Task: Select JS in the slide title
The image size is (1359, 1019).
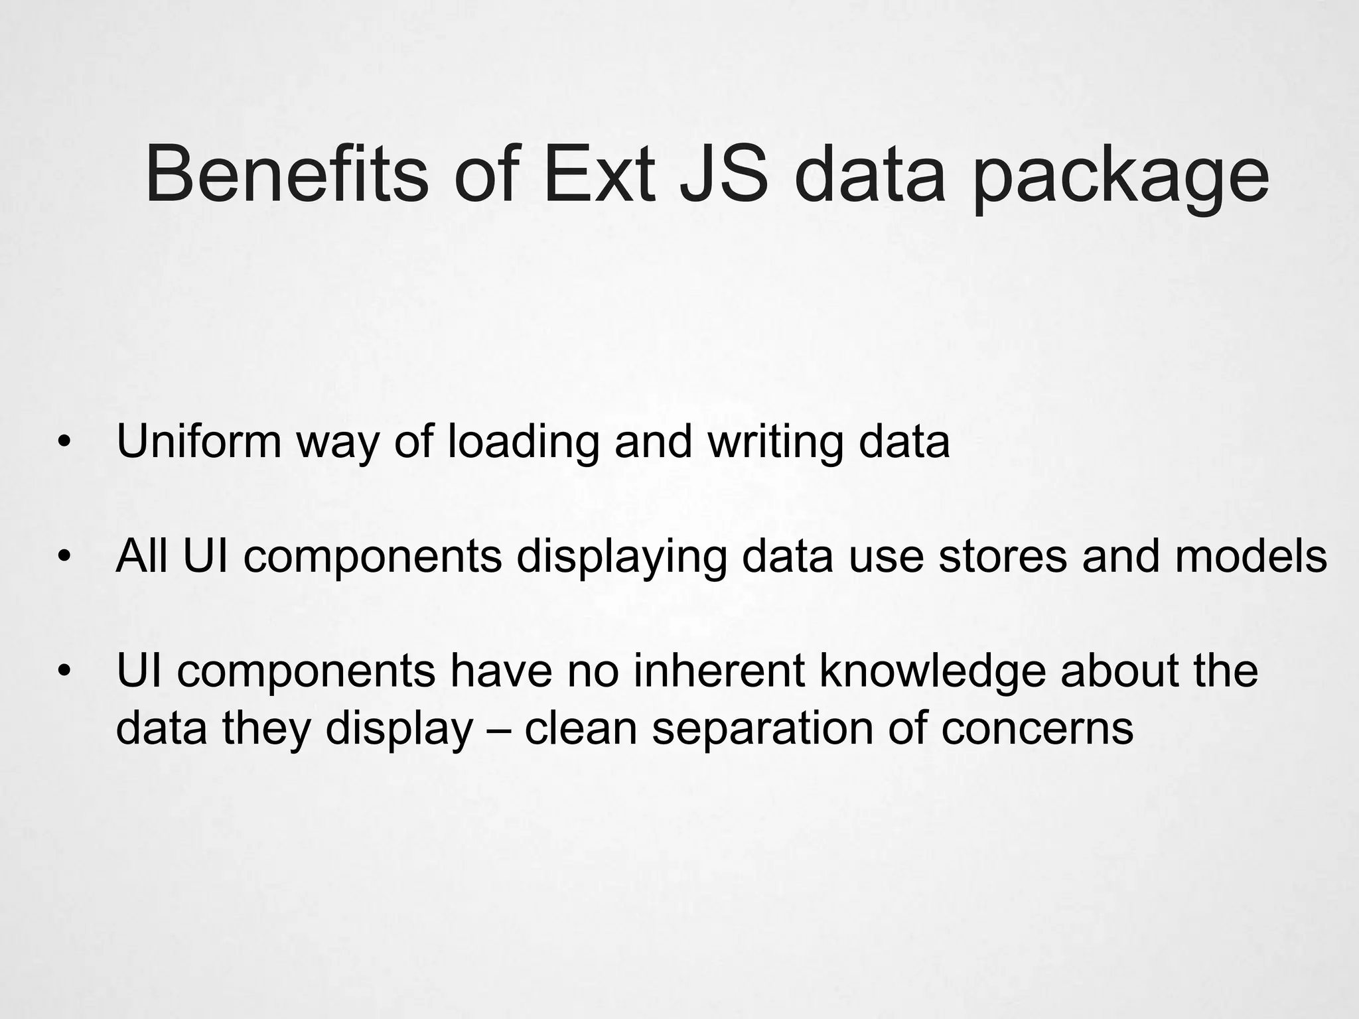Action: click(723, 174)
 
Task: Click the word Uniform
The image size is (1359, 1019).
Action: click(198, 441)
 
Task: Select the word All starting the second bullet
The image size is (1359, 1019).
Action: click(141, 556)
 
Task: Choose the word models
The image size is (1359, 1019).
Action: click(1251, 556)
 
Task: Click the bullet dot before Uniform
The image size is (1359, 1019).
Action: click(64, 442)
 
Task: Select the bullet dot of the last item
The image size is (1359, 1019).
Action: click(64, 671)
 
